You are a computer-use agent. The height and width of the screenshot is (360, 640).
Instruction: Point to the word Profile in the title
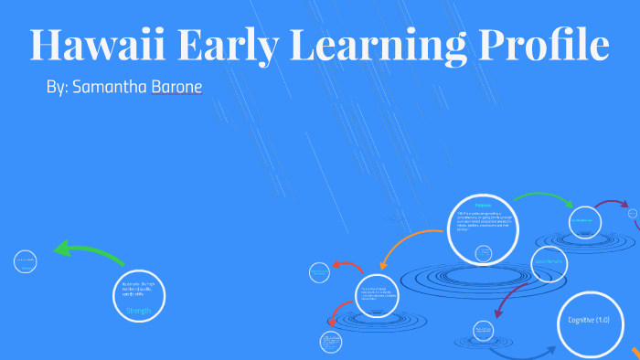pos(541,46)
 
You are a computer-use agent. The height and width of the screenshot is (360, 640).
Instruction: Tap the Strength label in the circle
pos(139,311)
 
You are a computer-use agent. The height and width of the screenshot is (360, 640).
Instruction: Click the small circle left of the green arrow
pos(25,262)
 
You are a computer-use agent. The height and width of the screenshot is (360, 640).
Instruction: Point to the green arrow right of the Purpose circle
pos(543,198)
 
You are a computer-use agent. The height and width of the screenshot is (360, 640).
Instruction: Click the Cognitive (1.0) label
pos(589,321)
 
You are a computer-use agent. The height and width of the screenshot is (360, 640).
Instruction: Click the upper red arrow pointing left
pos(347,267)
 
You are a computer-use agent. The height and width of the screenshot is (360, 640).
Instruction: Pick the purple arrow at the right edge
pos(611,205)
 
